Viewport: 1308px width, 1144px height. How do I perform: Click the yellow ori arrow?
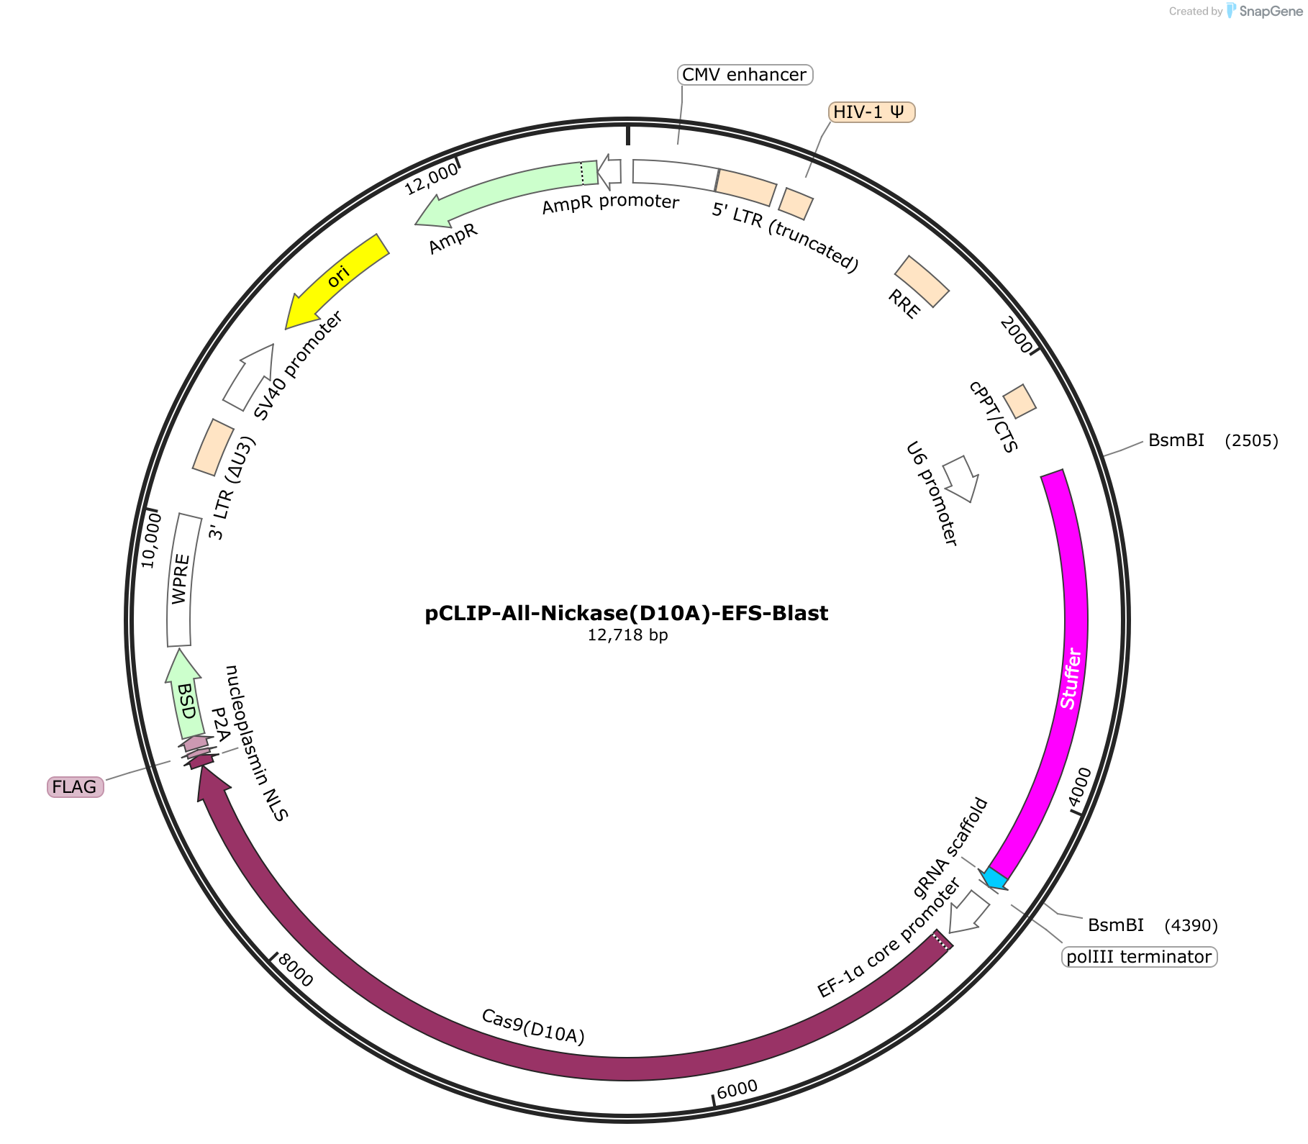[337, 281]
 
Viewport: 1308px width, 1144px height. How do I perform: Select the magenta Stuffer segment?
[1063, 676]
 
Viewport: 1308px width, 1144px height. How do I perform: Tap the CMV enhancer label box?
[745, 75]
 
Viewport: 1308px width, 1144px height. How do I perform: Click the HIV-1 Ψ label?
[871, 112]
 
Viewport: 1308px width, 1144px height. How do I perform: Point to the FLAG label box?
[75, 786]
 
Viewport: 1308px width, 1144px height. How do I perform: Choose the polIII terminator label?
[1139, 956]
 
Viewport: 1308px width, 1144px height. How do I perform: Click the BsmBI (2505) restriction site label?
[1213, 440]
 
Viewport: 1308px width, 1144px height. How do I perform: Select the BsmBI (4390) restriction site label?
[1153, 925]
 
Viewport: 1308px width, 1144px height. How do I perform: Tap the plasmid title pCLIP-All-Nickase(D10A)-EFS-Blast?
[627, 613]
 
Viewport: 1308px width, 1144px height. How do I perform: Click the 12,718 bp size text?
[627, 635]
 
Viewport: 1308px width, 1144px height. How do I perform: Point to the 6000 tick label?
[737, 1089]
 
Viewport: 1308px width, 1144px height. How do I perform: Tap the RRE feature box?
[922, 281]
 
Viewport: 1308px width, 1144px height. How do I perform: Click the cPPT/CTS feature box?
[1019, 401]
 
